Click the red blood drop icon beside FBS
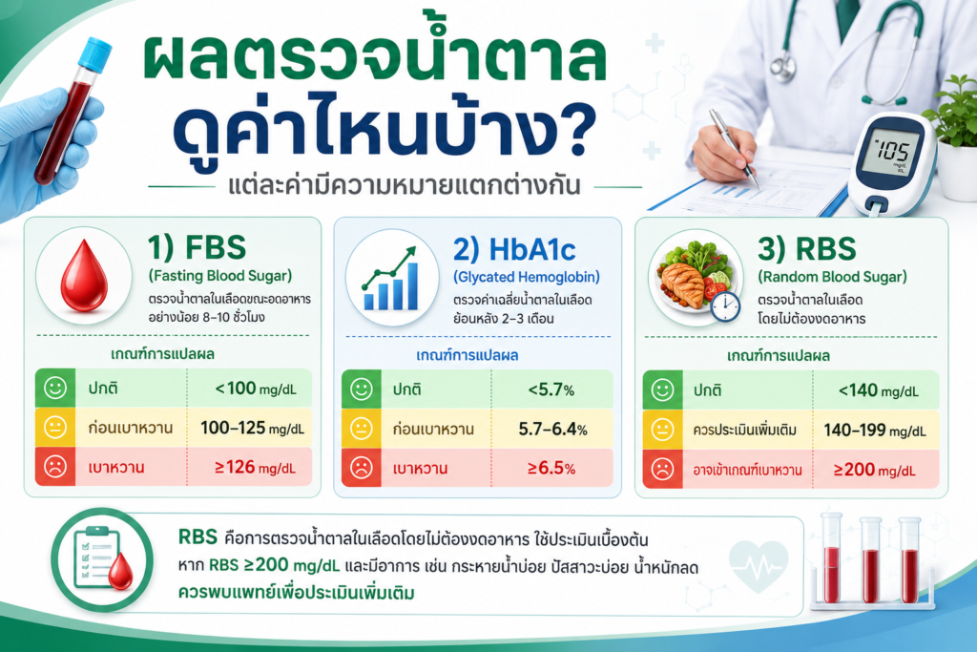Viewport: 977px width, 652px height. coord(84,275)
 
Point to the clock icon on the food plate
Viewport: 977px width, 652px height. coord(725,306)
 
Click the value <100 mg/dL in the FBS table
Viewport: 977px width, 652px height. coord(256,389)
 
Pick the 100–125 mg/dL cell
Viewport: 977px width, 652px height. coord(252,429)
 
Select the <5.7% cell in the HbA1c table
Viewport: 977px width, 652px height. coord(551,390)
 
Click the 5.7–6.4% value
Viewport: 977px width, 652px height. coord(552,430)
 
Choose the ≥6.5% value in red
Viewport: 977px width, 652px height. coord(551,468)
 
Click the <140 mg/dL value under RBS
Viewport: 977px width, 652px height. coord(878,390)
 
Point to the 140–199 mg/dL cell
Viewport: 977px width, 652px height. coord(875,431)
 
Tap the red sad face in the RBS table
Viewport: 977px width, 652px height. coord(662,469)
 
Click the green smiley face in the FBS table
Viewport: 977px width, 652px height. coord(54,389)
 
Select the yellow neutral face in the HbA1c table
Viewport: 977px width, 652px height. coord(362,429)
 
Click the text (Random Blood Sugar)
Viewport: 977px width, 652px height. coord(832,277)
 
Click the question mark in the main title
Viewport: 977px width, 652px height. coord(570,128)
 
